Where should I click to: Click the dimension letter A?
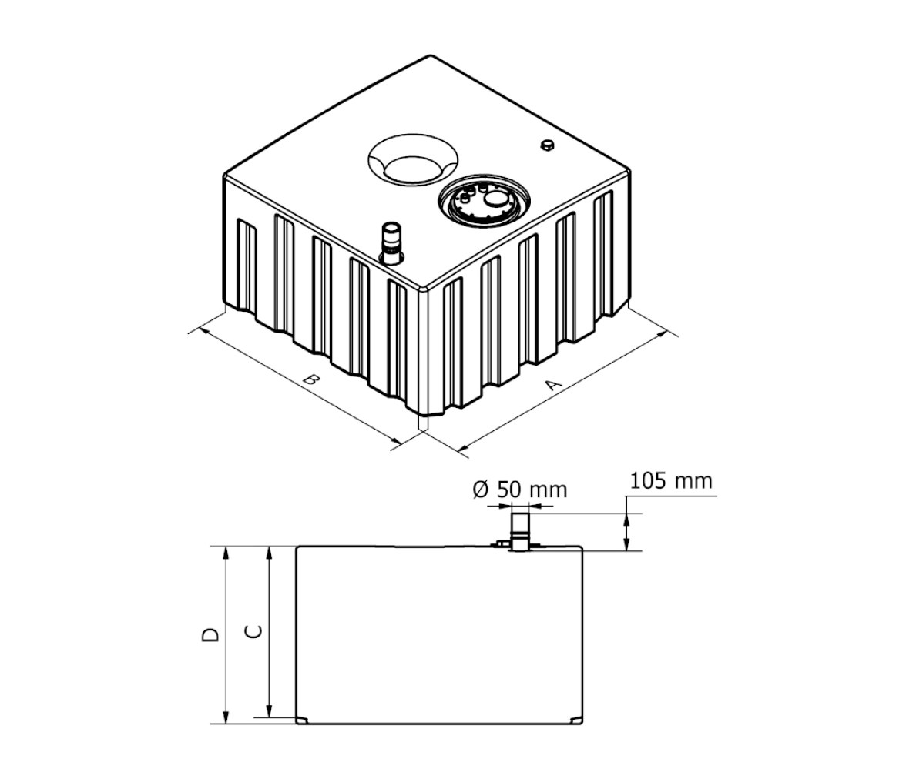pos(553,385)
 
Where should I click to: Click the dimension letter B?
pos(312,380)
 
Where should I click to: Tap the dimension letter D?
pos(211,634)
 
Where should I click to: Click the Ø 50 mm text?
pos(520,490)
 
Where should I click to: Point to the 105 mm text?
pos(671,480)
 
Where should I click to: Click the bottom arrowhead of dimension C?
pos(268,711)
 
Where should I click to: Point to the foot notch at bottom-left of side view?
pos(303,720)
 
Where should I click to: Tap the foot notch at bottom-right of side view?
pos(576,720)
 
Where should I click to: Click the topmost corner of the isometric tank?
pos(428,56)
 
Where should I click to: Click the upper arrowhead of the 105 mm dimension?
pos(626,519)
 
